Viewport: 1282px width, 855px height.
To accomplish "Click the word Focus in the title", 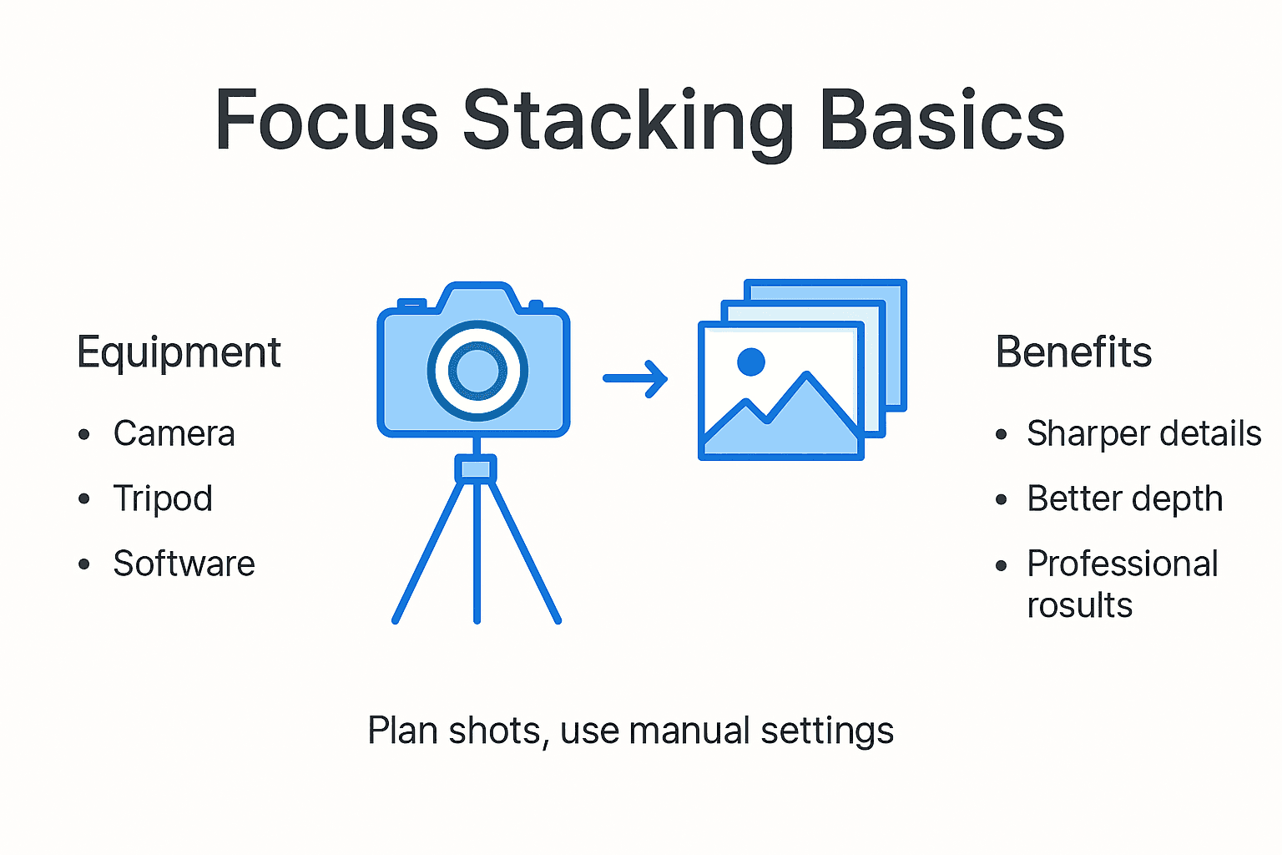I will [x=326, y=121].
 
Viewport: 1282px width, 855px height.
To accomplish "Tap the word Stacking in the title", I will [x=628, y=123].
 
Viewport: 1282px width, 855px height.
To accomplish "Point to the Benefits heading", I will [x=1073, y=352].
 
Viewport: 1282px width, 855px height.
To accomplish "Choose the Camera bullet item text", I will [x=174, y=433].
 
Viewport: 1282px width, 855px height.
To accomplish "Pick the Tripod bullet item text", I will [x=163, y=499].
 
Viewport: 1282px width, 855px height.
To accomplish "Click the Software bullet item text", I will [x=184, y=564].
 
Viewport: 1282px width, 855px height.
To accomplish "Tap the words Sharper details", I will [x=1143, y=433].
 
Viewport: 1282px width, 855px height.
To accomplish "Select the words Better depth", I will [x=1124, y=498].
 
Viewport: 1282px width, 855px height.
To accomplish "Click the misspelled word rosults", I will [x=1079, y=605].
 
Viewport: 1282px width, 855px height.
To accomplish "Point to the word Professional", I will [x=1122, y=564].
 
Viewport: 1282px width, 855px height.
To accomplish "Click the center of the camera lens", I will [x=477, y=370].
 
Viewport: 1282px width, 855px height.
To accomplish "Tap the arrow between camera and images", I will [x=635, y=378].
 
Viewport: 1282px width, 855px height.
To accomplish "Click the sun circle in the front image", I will [x=751, y=362].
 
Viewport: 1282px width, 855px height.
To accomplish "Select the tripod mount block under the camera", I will [x=476, y=468].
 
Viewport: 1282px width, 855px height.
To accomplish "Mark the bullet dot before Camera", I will [x=83, y=434].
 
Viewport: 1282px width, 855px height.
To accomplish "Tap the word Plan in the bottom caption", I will [x=403, y=731].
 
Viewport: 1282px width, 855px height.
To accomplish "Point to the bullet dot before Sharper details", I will [x=1002, y=434].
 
